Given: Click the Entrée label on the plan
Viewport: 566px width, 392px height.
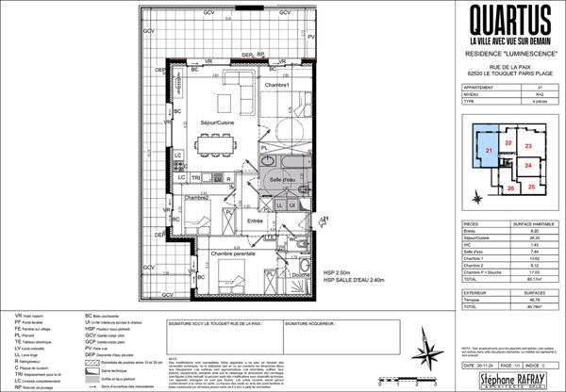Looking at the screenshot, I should pos(255,220).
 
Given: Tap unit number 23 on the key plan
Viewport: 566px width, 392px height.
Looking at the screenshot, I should pos(529,146).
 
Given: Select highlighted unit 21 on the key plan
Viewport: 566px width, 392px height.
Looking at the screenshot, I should pos(489,151).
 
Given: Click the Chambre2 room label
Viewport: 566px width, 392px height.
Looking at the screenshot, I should pos(195,198).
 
